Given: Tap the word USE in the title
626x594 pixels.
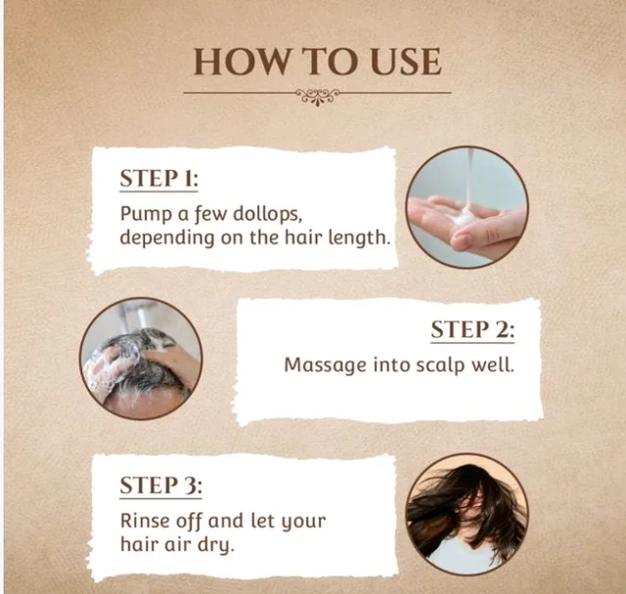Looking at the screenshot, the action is tap(406, 62).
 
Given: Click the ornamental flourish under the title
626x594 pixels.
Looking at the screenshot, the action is tap(317, 97).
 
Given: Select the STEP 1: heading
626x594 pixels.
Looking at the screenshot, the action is tap(158, 178).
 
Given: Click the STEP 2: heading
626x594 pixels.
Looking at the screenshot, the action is tap(472, 329).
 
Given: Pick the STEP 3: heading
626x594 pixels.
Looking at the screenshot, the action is tap(160, 486).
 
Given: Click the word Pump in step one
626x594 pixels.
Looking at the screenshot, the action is tap(146, 215).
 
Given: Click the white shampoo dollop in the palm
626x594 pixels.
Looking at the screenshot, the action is tap(463, 217).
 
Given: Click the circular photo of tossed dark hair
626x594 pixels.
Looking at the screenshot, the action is tap(468, 514).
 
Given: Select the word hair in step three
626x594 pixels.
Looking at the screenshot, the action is tap(138, 544).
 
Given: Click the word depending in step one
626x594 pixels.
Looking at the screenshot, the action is tap(167, 238).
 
